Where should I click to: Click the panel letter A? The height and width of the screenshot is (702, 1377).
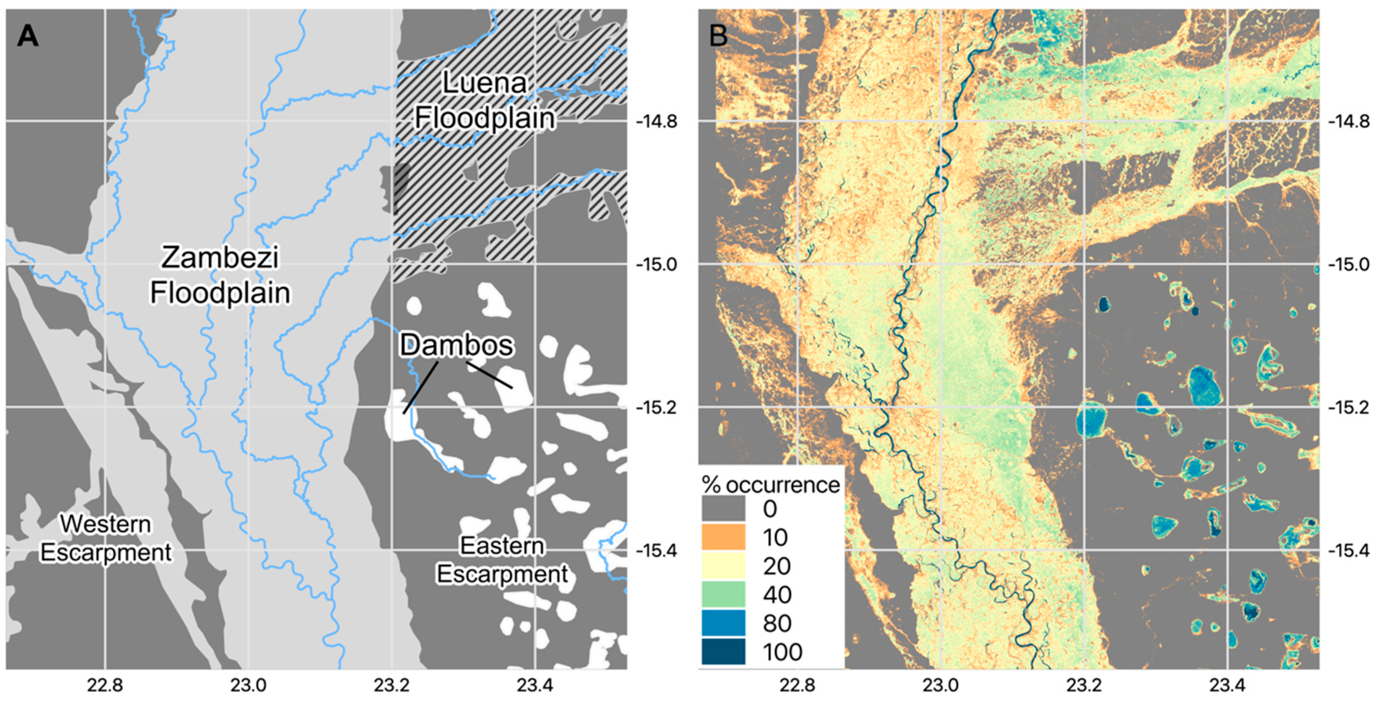tap(28, 36)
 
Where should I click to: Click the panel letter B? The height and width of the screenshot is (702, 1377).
tap(718, 36)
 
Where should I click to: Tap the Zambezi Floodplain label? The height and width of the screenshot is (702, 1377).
tap(220, 275)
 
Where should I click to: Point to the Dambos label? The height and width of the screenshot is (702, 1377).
tap(456, 345)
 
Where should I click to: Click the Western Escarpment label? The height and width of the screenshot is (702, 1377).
tap(106, 538)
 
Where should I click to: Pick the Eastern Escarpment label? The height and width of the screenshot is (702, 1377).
tap(502, 560)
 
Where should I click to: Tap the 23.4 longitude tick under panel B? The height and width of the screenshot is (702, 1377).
tap(1228, 685)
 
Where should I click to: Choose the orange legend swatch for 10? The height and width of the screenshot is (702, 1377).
tap(723, 537)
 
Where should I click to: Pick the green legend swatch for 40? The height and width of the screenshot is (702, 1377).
tap(723, 594)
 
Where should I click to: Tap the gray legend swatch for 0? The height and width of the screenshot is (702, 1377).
tap(723, 508)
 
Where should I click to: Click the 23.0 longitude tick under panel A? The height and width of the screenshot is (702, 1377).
tap(248, 685)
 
